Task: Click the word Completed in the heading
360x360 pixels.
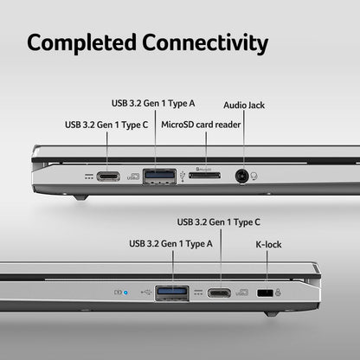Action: tap(81, 43)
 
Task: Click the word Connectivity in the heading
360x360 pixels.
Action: tap(205, 43)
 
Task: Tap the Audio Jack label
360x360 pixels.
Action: tap(244, 106)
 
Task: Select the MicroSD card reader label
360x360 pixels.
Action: tap(201, 125)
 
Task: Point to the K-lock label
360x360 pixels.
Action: tap(268, 245)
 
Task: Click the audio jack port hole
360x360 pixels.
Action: tap(241, 176)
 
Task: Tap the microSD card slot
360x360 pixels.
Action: tap(204, 175)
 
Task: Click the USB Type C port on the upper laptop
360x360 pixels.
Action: tap(108, 177)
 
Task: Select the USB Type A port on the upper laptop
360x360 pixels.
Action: tap(159, 177)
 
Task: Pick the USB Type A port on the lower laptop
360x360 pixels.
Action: tap(172, 293)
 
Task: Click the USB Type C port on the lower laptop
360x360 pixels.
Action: tap(219, 293)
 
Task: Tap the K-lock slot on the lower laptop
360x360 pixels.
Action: tap(265, 293)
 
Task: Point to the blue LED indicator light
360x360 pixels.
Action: tap(125, 292)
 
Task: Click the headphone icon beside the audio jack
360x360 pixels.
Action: tap(254, 176)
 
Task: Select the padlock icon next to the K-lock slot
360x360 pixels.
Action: tap(278, 292)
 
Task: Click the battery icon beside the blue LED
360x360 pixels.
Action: tap(118, 292)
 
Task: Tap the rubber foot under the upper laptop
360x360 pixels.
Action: tap(80, 197)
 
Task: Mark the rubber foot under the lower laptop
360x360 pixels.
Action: tap(272, 314)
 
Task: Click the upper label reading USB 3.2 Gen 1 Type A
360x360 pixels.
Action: tap(153, 104)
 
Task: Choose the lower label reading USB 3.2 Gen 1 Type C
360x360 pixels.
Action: tap(219, 222)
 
